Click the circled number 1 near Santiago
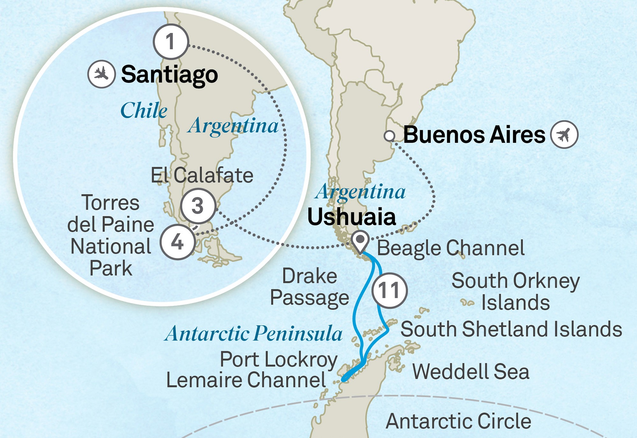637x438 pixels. pyautogui.click(x=171, y=42)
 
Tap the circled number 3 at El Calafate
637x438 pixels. pyautogui.click(x=198, y=206)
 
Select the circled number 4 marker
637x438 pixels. pyautogui.click(x=177, y=242)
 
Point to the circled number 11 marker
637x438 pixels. pyautogui.click(x=389, y=290)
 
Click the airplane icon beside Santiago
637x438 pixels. pyautogui.click(x=101, y=74)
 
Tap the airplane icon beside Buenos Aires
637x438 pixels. pyautogui.click(x=564, y=134)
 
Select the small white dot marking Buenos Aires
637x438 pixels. pyautogui.click(x=389, y=136)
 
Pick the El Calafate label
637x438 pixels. pyautogui.click(x=202, y=176)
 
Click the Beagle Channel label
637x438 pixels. pyautogui.click(x=451, y=248)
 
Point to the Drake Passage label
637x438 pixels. pyautogui.click(x=310, y=287)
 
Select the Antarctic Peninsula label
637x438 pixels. pyautogui.click(x=254, y=334)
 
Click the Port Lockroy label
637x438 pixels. pyautogui.click(x=279, y=360)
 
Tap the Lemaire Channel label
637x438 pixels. pyautogui.click(x=246, y=380)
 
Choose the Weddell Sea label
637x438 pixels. pyautogui.click(x=471, y=372)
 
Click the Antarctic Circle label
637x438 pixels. pyautogui.click(x=458, y=421)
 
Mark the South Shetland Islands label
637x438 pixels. pyautogui.click(x=511, y=329)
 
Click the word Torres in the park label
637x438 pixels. pyautogui.click(x=111, y=203)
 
